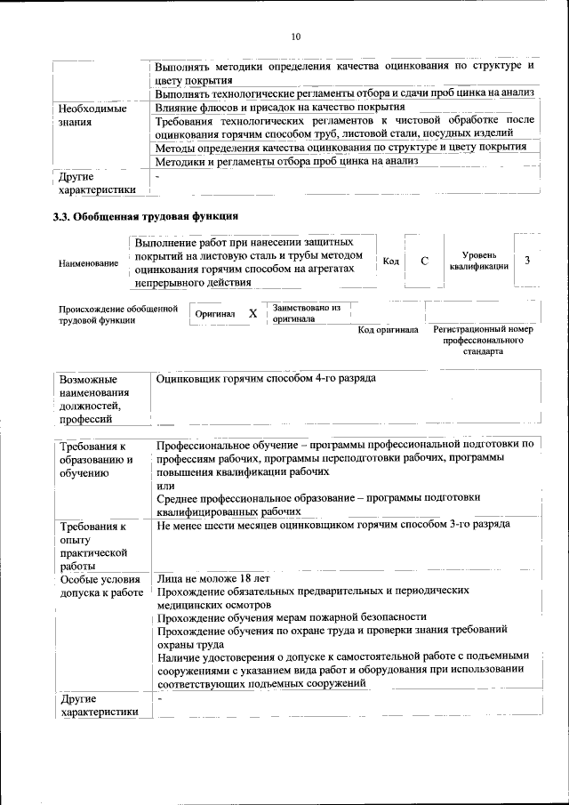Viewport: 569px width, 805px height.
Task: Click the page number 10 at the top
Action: pos(296,36)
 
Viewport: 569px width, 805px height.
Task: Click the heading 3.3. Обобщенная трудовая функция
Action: pos(145,216)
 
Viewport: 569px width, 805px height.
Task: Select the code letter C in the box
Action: pos(425,261)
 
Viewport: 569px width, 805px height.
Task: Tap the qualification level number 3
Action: pos(528,260)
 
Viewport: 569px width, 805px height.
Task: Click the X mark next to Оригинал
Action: pos(252,313)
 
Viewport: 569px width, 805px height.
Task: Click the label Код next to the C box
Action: pos(390,261)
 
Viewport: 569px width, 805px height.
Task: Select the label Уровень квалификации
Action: pos(478,261)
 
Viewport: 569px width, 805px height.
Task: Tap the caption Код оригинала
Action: pos(388,330)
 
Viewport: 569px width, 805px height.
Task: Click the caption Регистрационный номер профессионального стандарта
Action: pos(482,340)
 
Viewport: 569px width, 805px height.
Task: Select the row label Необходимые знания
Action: pos(92,115)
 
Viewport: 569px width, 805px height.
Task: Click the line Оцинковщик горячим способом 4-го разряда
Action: pos(266,378)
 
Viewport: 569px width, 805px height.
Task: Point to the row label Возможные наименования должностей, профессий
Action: pos(94,398)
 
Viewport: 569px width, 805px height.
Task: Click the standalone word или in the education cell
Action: pos(164,486)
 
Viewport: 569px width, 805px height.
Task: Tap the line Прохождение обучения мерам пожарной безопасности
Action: pos(292,616)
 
